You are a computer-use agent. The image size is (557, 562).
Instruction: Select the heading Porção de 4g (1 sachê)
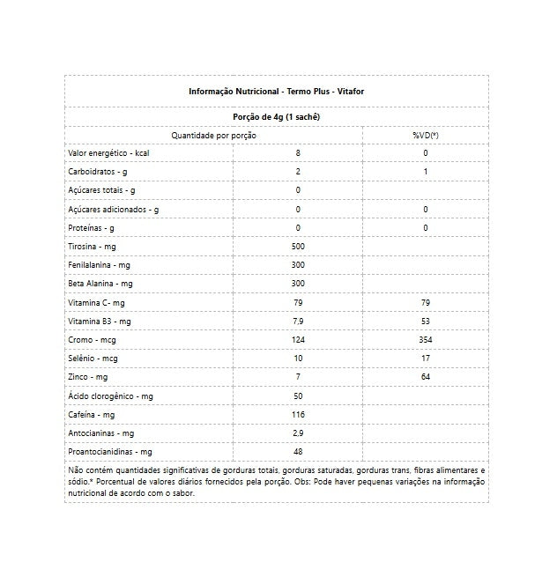(276, 116)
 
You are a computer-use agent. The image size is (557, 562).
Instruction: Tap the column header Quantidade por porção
(214, 135)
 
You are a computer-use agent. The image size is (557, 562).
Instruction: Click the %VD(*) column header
(425, 135)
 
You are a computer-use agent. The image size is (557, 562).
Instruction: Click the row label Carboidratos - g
(98, 172)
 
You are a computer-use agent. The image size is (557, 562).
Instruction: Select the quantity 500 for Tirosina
(298, 247)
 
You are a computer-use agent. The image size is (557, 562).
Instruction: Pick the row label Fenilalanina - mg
(99, 265)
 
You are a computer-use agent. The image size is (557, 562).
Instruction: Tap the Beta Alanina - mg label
(100, 284)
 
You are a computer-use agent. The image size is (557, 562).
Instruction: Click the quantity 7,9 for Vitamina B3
(298, 322)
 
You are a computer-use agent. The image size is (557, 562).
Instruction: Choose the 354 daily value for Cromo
(425, 340)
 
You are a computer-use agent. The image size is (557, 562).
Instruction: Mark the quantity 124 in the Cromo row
(298, 340)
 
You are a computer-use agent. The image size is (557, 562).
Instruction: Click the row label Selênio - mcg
(93, 359)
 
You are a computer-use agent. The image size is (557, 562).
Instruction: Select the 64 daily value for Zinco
(425, 377)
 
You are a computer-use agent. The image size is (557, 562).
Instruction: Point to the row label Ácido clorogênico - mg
(111, 396)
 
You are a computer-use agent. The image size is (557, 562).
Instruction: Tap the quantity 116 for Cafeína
(298, 415)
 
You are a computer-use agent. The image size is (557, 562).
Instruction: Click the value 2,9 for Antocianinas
(298, 433)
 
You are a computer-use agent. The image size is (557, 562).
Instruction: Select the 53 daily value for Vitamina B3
(425, 322)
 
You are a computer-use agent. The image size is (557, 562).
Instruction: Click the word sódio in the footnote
(79, 482)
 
